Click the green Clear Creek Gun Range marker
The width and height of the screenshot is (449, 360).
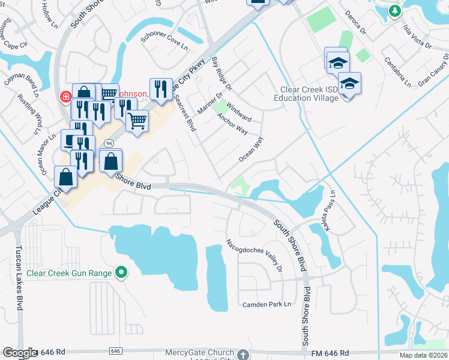122,273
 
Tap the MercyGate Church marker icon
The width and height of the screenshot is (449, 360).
242,354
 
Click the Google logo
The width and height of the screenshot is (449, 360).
19,353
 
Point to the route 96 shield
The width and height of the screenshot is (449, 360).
109,143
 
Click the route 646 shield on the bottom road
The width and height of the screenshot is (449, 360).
116,350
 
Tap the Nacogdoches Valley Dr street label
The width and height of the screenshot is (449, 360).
255,255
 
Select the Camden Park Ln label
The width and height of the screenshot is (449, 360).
267,304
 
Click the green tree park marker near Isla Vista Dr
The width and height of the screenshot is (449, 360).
394,10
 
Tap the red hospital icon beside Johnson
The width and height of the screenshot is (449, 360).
64,96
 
